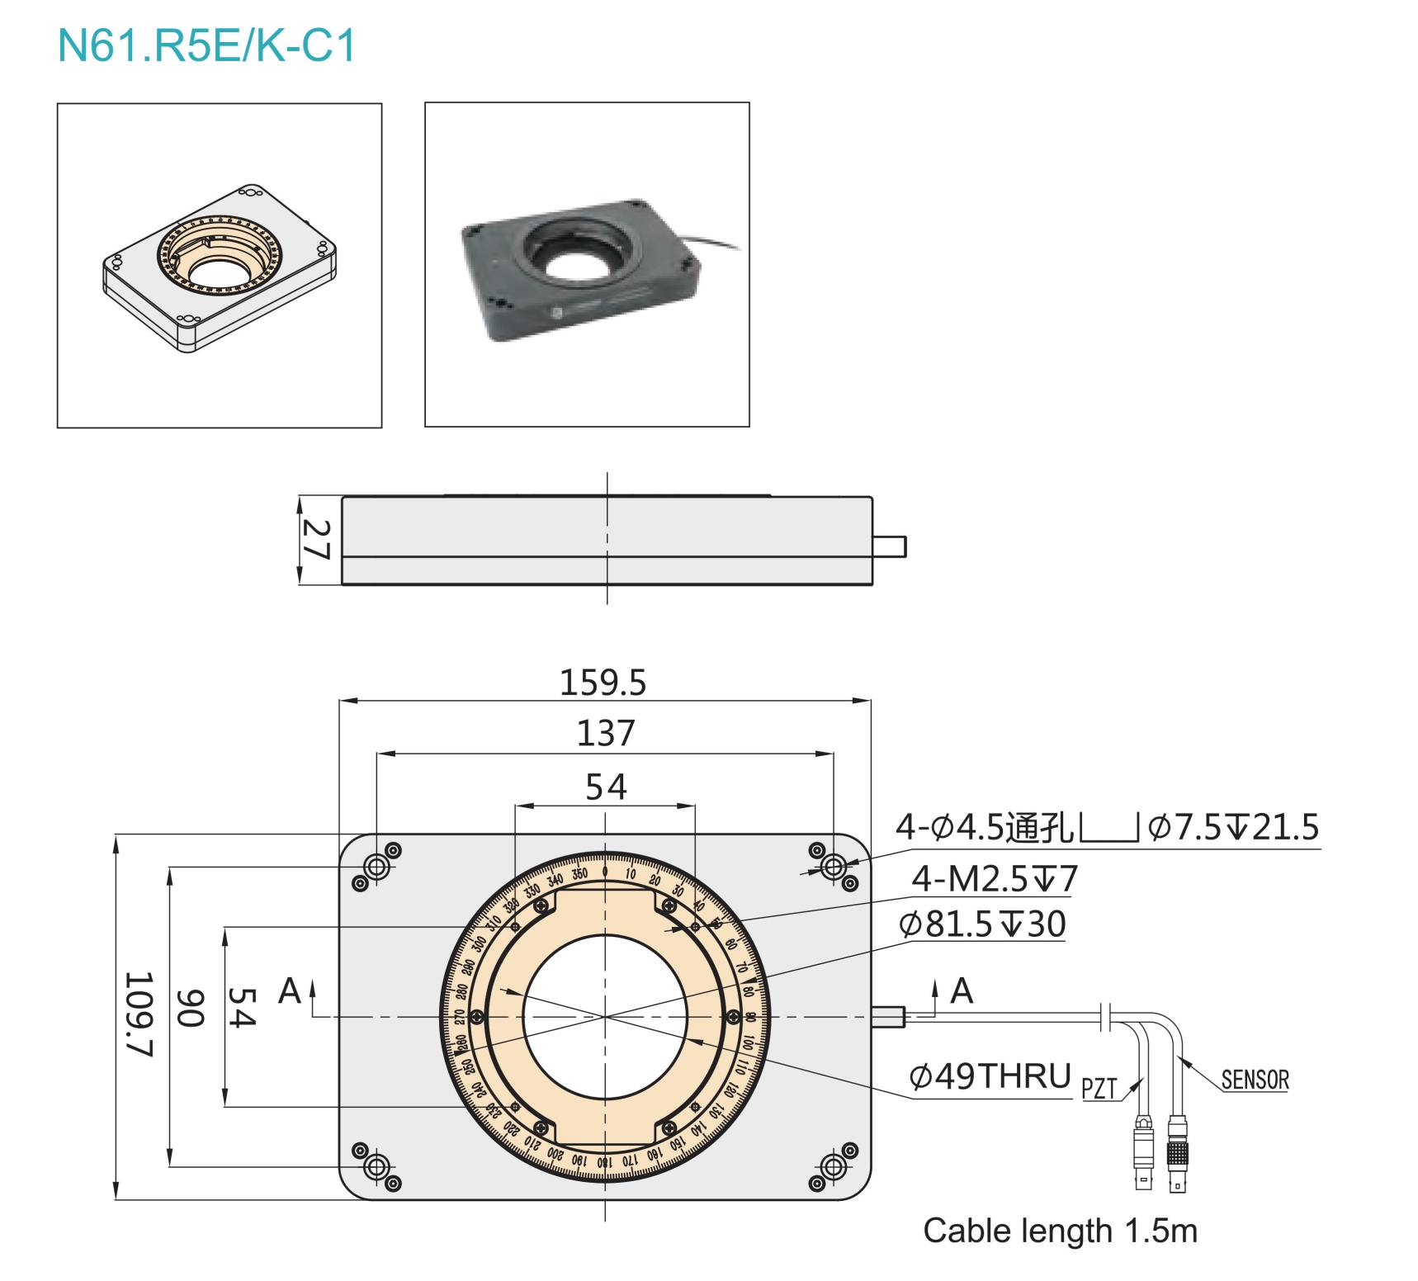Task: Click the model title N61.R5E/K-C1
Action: [x=206, y=46]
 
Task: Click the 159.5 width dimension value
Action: [x=603, y=683]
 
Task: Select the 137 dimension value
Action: [x=605, y=733]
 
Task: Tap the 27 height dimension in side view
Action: [x=317, y=540]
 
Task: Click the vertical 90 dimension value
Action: [x=191, y=1008]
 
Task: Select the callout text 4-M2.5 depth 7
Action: [x=994, y=878]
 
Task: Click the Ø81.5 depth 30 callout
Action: [x=982, y=924]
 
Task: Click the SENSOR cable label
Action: [x=1254, y=1080]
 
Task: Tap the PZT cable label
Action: [x=1099, y=1089]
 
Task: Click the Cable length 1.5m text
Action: [x=1060, y=1231]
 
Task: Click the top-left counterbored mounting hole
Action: [x=377, y=867]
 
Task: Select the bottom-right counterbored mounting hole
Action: [x=834, y=1167]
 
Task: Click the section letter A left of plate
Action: [x=289, y=990]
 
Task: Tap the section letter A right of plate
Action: [x=962, y=990]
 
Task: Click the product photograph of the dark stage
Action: [x=587, y=265]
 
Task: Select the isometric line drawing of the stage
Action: [x=220, y=266]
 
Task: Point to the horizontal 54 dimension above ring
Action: [x=605, y=787]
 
